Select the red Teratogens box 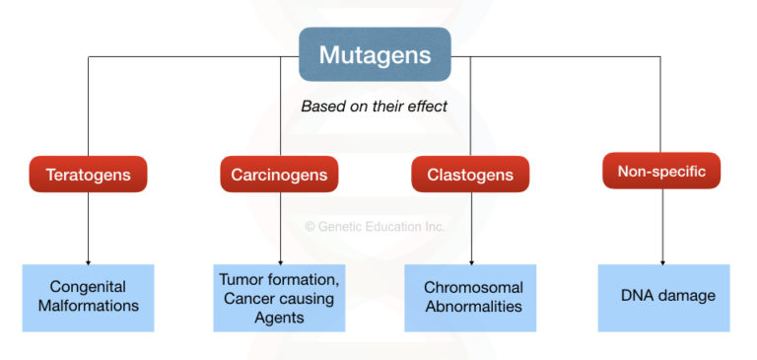[x=88, y=175]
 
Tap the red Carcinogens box [x=279, y=175]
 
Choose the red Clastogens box [x=469, y=175]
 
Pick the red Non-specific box [x=661, y=171]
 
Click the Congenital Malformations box [x=88, y=297]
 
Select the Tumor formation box [x=279, y=297]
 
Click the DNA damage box [x=662, y=297]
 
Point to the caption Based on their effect [x=374, y=106]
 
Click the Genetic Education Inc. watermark [x=375, y=226]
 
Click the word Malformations [x=88, y=306]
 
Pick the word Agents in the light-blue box [x=279, y=318]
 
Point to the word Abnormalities [x=473, y=306]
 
